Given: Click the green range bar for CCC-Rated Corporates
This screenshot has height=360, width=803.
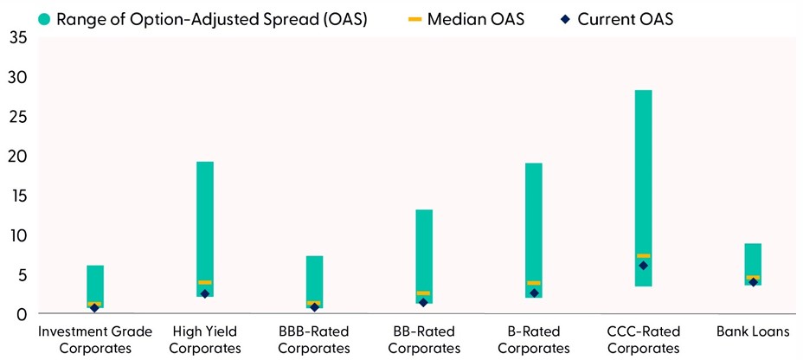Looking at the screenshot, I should click(643, 173).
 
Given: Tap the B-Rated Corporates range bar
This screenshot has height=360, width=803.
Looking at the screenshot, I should click(533, 216).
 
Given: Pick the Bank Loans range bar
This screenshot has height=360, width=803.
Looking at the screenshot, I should click(753, 260).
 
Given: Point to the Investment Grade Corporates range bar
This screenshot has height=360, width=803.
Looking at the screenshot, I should click(95, 281).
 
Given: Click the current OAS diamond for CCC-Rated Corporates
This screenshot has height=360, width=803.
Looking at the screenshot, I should click(643, 266).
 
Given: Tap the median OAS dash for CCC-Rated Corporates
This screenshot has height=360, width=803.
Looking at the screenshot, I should click(643, 256).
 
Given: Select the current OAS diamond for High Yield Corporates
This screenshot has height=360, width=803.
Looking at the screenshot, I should click(205, 294).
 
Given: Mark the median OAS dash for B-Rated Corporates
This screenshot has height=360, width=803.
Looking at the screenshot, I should click(533, 283).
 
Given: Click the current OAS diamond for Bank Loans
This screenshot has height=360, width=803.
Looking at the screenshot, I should click(753, 282).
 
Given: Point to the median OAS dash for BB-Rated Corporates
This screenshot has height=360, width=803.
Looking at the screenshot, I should click(424, 293).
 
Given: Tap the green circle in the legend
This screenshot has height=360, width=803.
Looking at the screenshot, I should click(21, 18).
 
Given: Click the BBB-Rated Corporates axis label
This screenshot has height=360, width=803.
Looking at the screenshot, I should click(314, 339).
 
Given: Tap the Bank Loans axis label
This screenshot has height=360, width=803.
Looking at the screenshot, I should click(753, 331).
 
